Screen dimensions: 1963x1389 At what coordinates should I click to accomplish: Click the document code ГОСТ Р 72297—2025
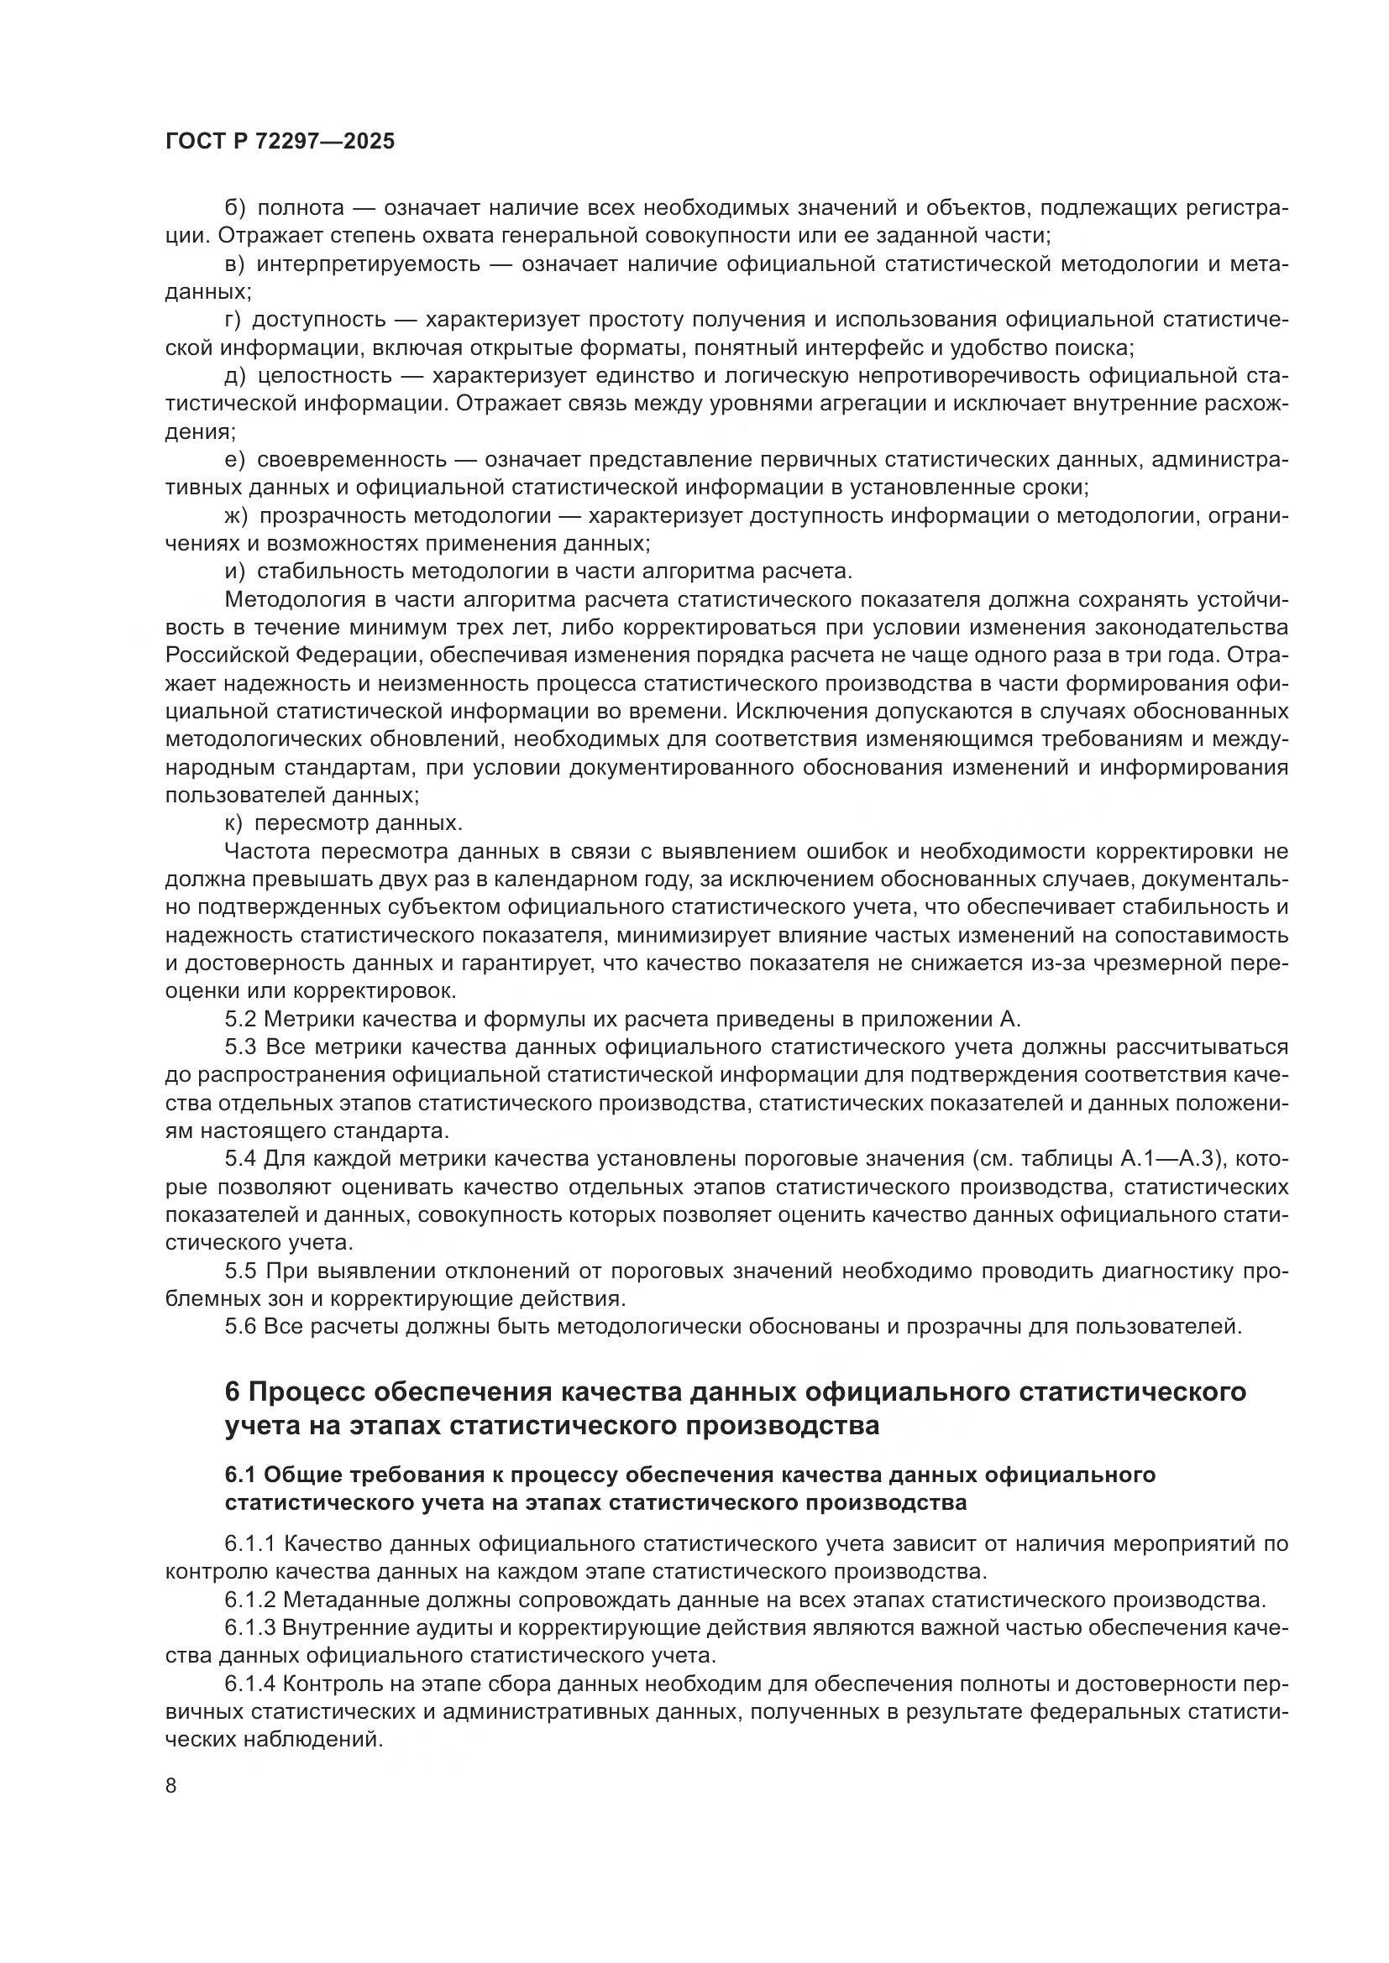(280, 141)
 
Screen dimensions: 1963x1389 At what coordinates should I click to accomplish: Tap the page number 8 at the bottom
(171, 1786)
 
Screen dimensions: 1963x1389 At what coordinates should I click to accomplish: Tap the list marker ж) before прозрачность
(236, 516)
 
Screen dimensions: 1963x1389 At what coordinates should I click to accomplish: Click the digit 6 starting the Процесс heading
(232, 1391)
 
